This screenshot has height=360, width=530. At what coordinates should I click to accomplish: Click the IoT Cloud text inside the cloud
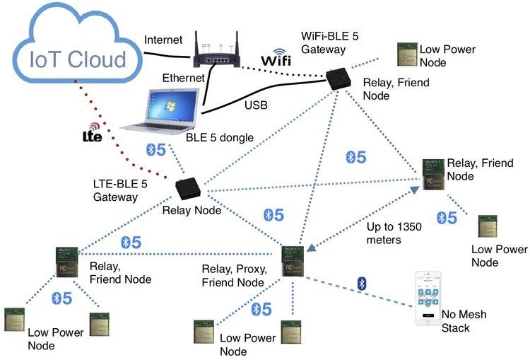78,59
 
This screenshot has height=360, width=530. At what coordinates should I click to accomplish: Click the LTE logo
93,134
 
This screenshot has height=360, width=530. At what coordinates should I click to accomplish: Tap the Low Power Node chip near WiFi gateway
406,52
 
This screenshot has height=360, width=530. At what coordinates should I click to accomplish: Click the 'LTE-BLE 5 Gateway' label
120,190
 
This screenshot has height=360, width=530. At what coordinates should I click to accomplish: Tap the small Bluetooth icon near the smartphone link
363,283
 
